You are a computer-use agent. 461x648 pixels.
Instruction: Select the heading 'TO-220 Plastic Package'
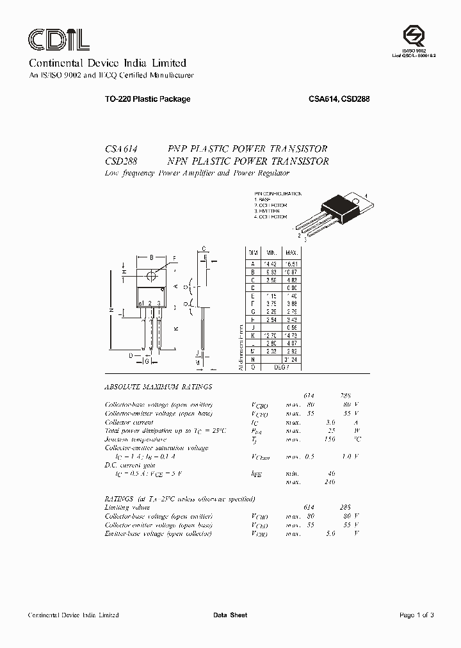138,99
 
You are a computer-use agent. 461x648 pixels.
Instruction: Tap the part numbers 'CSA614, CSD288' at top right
339,99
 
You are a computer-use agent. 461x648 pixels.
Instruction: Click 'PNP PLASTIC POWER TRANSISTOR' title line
248,148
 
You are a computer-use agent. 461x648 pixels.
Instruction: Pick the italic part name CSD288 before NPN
122,161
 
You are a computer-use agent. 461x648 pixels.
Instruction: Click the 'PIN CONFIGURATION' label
277,193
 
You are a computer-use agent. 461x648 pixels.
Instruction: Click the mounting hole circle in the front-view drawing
152,275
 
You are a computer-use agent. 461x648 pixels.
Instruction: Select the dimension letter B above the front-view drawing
151,257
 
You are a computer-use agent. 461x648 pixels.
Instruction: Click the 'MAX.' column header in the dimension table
292,254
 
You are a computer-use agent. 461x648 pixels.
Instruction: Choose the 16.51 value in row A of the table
292,263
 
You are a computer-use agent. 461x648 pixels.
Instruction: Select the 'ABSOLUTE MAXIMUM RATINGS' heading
158,387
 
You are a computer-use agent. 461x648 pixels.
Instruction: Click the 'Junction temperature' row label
135,440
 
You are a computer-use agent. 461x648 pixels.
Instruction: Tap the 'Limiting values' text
127,507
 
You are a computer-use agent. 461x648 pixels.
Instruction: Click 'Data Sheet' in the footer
230,615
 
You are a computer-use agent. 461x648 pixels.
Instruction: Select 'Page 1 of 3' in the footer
416,615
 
